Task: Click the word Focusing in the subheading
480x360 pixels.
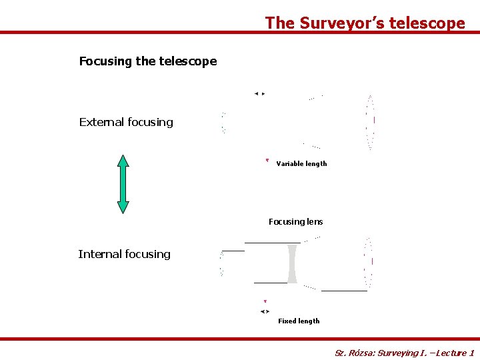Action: [x=105, y=61]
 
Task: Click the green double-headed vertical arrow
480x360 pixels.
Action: [x=123, y=184]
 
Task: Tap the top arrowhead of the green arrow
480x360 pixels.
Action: [x=123, y=160]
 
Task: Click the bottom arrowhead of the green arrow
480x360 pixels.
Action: [x=123, y=207]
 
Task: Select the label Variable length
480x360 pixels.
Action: [x=301, y=164]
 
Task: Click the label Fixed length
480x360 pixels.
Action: [x=299, y=321]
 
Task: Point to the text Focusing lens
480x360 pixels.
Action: [x=295, y=221]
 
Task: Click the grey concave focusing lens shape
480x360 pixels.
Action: [x=291, y=264]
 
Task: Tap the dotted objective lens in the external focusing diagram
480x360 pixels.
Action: [x=370, y=122]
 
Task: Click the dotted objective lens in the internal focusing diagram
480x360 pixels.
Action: [x=368, y=262]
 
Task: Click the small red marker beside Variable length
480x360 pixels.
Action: [x=267, y=161]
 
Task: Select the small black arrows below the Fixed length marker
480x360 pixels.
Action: [x=265, y=311]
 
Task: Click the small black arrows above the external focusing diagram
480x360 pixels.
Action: [x=259, y=94]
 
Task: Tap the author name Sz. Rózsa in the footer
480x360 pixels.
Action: [x=354, y=353]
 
